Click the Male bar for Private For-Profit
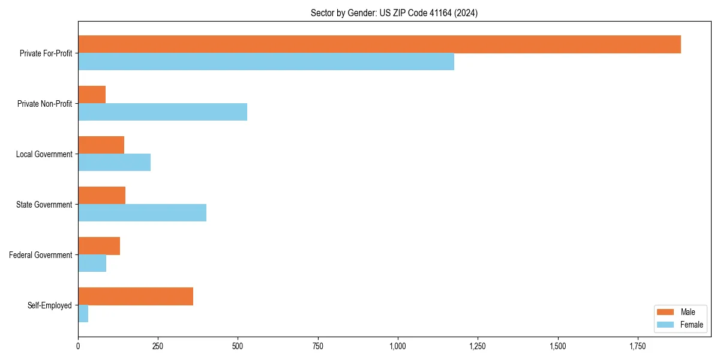(x=379, y=44)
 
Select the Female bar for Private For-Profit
(x=266, y=62)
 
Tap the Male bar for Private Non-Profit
(x=92, y=95)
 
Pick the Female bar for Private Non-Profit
(x=163, y=112)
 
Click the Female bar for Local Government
(x=114, y=163)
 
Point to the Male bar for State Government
(x=101, y=196)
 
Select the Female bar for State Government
(x=142, y=213)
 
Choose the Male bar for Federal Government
(x=99, y=246)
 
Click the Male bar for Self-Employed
(x=136, y=296)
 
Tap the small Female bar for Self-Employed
(x=83, y=314)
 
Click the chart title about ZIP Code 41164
(x=394, y=13)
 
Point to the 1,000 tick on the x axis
(x=398, y=346)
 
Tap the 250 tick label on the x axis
(x=158, y=346)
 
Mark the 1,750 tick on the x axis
(x=638, y=346)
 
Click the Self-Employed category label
(x=50, y=305)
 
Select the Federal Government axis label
(x=41, y=255)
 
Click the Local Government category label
(x=44, y=154)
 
